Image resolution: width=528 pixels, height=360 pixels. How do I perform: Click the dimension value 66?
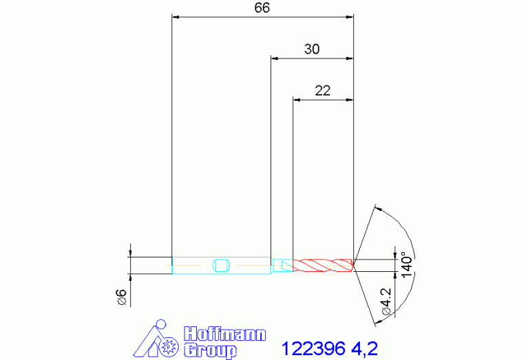(x=262, y=8)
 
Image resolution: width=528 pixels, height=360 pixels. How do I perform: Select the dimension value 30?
(x=312, y=50)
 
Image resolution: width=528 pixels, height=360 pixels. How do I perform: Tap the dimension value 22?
(x=322, y=90)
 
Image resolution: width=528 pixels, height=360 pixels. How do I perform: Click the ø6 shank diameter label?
(x=121, y=297)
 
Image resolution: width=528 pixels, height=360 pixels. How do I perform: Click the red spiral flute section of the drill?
(x=323, y=264)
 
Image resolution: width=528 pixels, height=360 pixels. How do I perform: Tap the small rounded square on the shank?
(x=221, y=264)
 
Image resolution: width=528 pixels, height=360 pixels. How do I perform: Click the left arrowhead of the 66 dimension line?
(x=175, y=17)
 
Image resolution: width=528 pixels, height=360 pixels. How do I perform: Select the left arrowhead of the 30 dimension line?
(x=275, y=59)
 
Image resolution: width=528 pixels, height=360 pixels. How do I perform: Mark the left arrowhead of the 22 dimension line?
(x=297, y=100)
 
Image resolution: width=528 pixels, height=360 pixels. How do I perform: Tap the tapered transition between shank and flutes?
(x=282, y=264)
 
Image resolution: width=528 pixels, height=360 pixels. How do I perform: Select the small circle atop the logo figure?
(x=162, y=324)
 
